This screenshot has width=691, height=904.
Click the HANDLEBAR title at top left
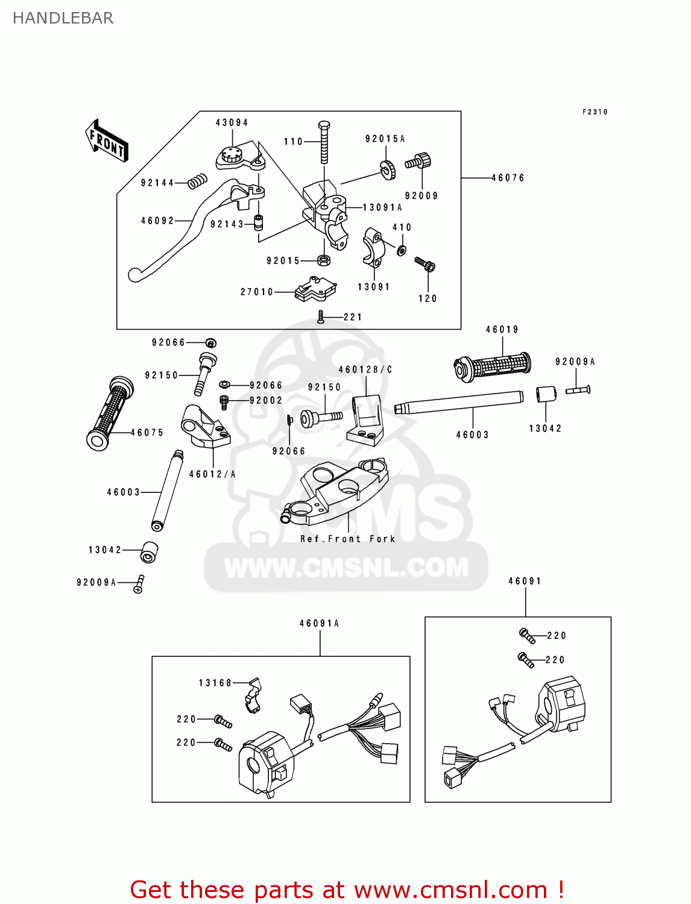pyautogui.click(x=63, y=18)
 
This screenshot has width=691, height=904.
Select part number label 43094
pyautogui.click(x=232, y=122)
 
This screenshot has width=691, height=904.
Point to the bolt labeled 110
pyautogui.click(x=324, y=142)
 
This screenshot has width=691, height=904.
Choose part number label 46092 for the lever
pyautogui.click(x=157, y=221)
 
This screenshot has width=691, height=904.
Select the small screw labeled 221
pyautogui.click(x=321, y=317)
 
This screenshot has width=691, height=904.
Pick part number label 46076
pyautogui.click(x=508, y=178)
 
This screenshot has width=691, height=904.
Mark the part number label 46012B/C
pyautogui.click(x=365, y=369)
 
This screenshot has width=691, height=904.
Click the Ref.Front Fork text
pyautogui.click(x=348, y=539)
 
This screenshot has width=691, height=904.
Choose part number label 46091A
pyautogui.click(x=320, y=623)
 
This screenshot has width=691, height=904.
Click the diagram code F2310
pyautogui.click(x=595, y=112)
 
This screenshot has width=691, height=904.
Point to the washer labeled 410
pyautogui.click(x=401, y=249)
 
